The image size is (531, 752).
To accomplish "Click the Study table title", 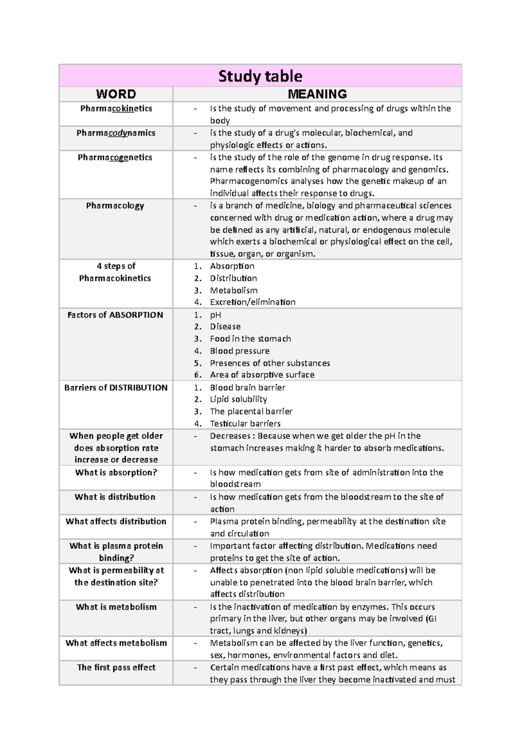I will (260, 76).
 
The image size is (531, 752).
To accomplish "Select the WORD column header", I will (116, 94).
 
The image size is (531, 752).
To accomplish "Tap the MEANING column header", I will (317, 94).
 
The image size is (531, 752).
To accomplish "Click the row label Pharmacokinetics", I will (116, 109).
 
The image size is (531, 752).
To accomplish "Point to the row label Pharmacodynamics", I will (116, 133).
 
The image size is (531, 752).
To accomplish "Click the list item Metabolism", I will (234, 291).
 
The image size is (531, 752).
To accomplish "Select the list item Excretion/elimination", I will (253, 302).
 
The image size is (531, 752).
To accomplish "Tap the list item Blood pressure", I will (239, 351).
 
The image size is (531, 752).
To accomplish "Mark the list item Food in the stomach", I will (250, 339).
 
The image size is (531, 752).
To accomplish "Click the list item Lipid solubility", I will (239, 399).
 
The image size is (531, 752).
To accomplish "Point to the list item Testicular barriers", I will (245, 423).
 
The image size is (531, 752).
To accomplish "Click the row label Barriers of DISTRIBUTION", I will (116, 388).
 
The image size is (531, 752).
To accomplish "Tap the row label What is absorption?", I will (116, 473).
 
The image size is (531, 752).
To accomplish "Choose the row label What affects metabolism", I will (116, 643).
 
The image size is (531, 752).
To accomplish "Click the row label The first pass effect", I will (116, 667).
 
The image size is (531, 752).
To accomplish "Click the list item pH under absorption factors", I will (215, 315).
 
